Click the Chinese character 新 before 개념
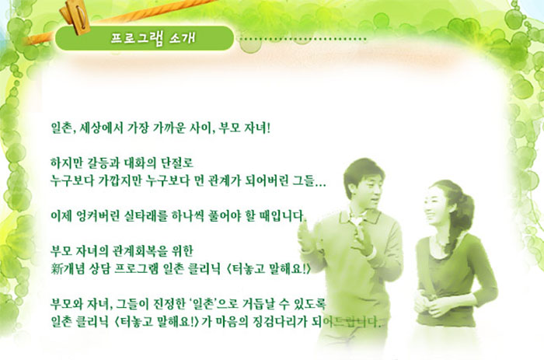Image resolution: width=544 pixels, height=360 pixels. tap(56, 268)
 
